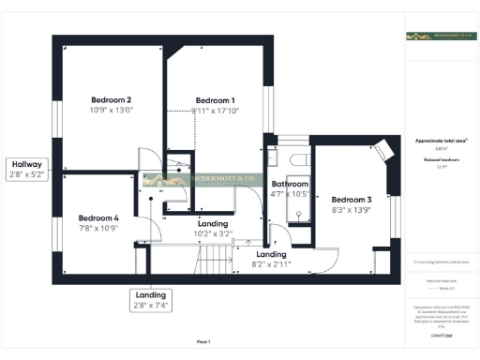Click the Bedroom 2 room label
coord(111,100)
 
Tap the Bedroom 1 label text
coord(215,100)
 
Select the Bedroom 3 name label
coord(352,200)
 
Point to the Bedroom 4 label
coord(97,217)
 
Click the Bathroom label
coord(290,184)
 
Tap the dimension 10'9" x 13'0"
coord(111,111)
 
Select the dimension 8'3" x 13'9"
coord(352,211)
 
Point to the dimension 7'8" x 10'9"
coord(97,228)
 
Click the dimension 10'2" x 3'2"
coord(213,233)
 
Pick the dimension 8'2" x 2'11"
coord(271,264)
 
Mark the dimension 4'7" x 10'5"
coord(290,194)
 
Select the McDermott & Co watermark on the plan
coord(200,179)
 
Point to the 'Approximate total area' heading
coord(440,141)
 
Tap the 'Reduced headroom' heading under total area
coord(440,160)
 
